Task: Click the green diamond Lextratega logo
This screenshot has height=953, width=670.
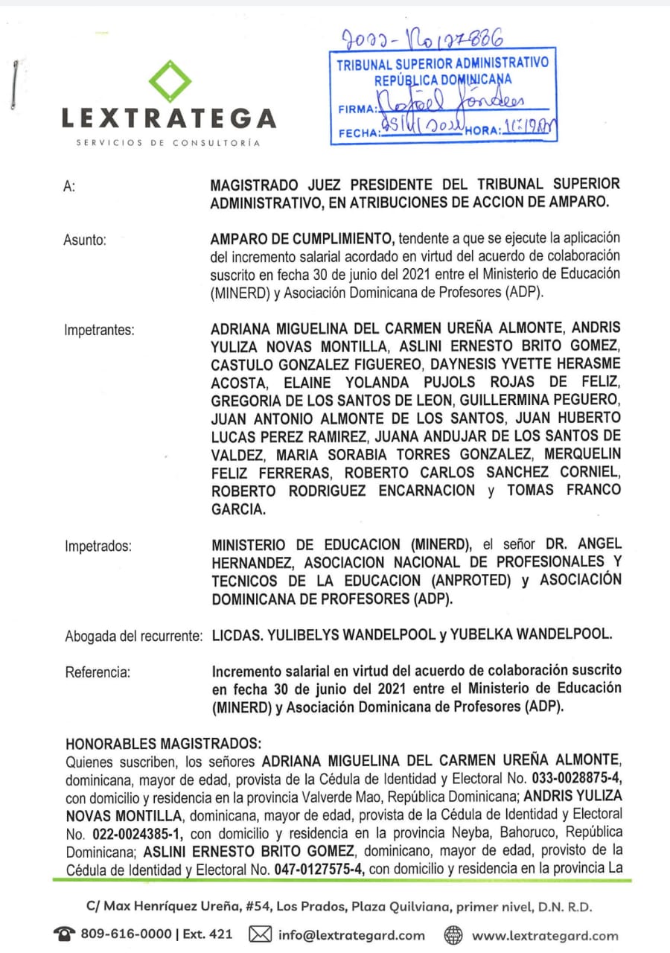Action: (x=170, y=80)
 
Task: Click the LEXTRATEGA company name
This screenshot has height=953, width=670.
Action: (x=168, y=118)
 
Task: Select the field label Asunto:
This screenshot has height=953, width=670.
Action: (x=86, y=240)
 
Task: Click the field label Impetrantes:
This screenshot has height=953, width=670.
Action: (x=100, y=331)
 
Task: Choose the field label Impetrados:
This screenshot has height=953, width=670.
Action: (x=98, y=546)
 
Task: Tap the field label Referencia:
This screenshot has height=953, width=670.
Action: (x=98, y=672)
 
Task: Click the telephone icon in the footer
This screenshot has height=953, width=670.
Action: (x=64, y=934)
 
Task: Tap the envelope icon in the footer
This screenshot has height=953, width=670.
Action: (x=260, y=934)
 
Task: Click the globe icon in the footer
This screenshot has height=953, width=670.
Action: (x=453, y=934)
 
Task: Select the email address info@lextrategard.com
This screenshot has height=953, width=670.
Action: (x=351, y=935)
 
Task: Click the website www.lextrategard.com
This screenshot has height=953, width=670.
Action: (x=545, y=935)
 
